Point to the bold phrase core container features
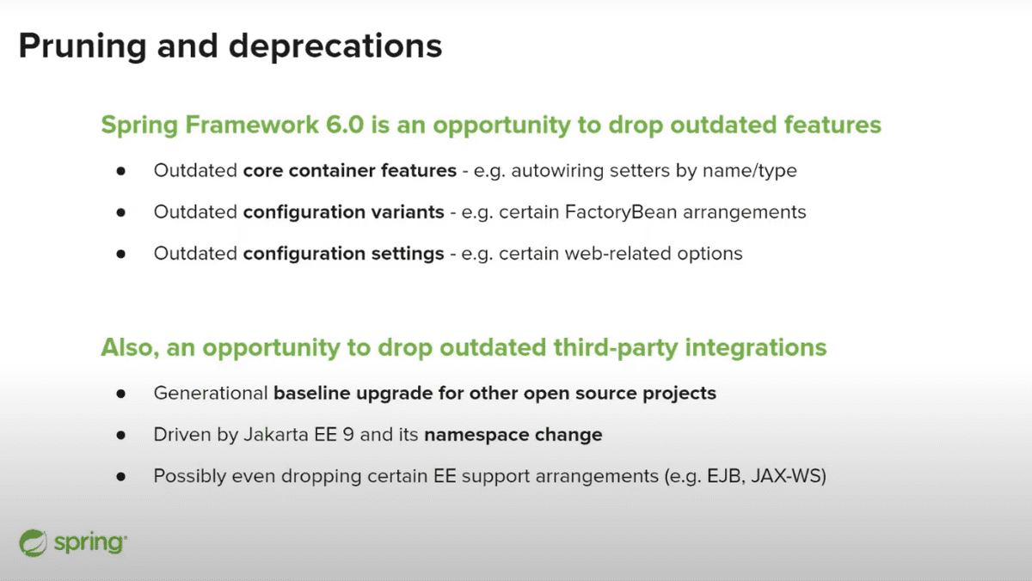[350, 170]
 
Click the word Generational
[210, 394]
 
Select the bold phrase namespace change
[513, 435]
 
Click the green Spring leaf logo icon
[34, 542]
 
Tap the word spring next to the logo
[89, 543]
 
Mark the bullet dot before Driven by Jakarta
[121, 435]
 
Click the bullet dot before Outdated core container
[121, 170]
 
